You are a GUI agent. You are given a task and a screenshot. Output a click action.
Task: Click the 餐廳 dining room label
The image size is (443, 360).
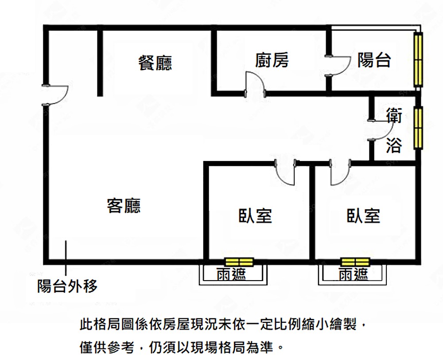point(155,63)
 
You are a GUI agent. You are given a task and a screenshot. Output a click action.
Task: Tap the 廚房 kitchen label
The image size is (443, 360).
point(272,60)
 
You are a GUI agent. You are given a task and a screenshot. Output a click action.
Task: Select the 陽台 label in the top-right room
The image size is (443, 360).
point(374,60)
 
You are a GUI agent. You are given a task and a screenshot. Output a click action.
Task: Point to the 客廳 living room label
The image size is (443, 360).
point(124,205)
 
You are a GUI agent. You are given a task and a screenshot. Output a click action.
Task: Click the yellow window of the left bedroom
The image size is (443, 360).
point(239,262)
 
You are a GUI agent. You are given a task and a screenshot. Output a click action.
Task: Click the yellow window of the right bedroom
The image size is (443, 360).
point(355,262)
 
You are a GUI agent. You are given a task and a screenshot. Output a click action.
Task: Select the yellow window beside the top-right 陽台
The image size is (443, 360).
point(418,59)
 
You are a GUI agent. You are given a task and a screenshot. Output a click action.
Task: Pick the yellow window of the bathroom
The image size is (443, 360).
point(418,128)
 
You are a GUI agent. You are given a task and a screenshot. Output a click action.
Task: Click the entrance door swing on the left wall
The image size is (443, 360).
point(57,95)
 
